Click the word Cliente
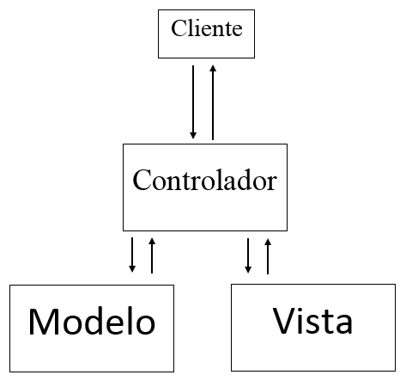tap(207, 29)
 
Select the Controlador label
tap(204, 181)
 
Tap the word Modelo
tap(92, 322)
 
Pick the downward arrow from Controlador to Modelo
tap(132, 255)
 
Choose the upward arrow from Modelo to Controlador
tap(152, 255)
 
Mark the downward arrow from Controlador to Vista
tap(248, 255)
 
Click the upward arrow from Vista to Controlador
tap(268, 255)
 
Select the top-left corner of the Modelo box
tap(9, 286)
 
